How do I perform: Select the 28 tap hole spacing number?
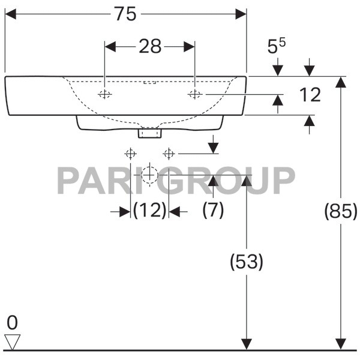[x=150, y=47]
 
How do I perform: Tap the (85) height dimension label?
[x=340, y=211]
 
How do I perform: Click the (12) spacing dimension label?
[x=149, y=211]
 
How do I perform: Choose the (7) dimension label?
[x=213, y=211]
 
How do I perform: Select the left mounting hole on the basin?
[x=105, y=94]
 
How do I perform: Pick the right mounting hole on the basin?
[x=194, y=94]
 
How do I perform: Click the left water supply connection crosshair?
[x=130, y=154]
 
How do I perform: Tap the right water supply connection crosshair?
[x=169, y=154]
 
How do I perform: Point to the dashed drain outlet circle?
[x=149, y=175]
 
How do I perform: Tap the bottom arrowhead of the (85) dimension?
[x=340, y=344]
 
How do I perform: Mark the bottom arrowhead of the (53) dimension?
[x=246, y=344]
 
